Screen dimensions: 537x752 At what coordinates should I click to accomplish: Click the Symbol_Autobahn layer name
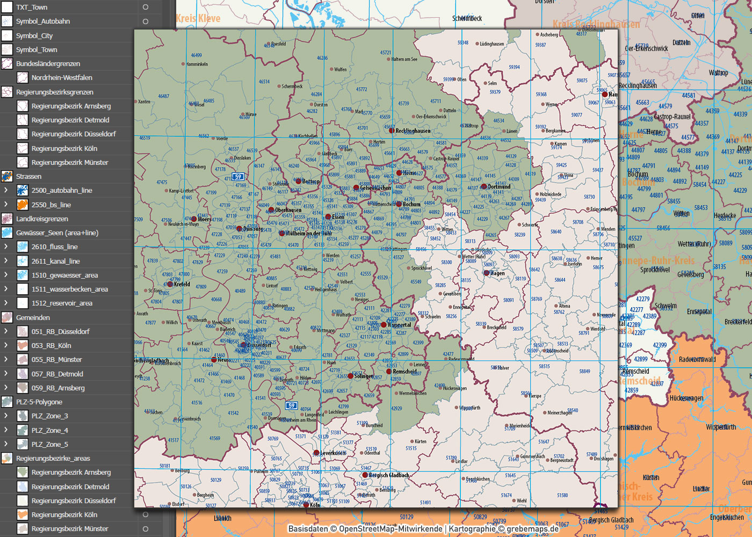pyautogui.click(x=43, y=21)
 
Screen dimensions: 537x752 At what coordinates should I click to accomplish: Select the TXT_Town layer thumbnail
pyautogui.click(x=7, y=8)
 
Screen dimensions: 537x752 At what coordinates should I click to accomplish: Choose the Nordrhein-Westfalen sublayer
pyautogui.click(x=62, y=78)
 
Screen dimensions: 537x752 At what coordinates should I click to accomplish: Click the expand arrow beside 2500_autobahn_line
pyautogui.click(x=6, y=190)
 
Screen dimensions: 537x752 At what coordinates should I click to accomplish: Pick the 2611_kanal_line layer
pyautogui.click(x=55, y=261)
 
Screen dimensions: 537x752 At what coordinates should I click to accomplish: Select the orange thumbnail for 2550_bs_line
pyautogui.click(x=22, y=205)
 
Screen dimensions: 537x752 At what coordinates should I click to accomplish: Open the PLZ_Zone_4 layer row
pyautogui.click(x=49, y=430)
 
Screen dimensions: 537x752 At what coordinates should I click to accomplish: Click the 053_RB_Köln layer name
pyautogui.click(x=51, y=346)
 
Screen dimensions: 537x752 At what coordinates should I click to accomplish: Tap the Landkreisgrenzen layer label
pyautogui.click(x=42, y=219)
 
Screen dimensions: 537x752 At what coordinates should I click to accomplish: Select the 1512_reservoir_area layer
pyautogui.click(x=62, y=303)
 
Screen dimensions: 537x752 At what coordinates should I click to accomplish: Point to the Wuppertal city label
pyautogui.click(x=399, y=325)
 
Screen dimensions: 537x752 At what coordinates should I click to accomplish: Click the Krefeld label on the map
pyautogui.click(x=182, y=284)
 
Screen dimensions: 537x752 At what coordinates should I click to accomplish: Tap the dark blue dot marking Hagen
pyautogui.click(x=487, y=273)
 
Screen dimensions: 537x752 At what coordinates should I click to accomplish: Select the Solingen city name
pyautogui.click(x=364, y=376)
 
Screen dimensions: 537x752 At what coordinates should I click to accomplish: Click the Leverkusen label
pyautogui.click(x=333, y=453)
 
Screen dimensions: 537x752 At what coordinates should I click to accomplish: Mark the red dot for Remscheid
pyautogui.click(x=389, y=371)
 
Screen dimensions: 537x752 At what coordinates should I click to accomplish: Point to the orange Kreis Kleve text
pyautogui.click(x=198, y=19)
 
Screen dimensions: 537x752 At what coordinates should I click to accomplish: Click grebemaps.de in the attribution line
pyautogui.click(x=532, y=529)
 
